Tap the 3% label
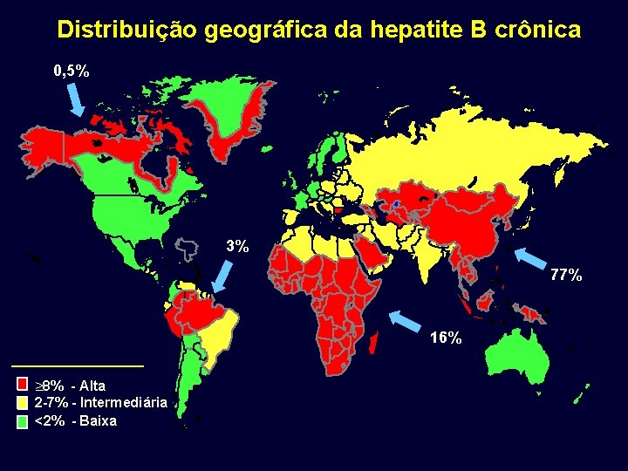[236, 246]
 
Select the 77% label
[566, 276]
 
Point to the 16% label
[446, 338]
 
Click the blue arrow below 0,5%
[75, 102]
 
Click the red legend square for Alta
[23, 385]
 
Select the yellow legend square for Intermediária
[23, 403]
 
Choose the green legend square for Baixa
[23, 421]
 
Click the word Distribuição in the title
[128, 30]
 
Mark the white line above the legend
[77, 365]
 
